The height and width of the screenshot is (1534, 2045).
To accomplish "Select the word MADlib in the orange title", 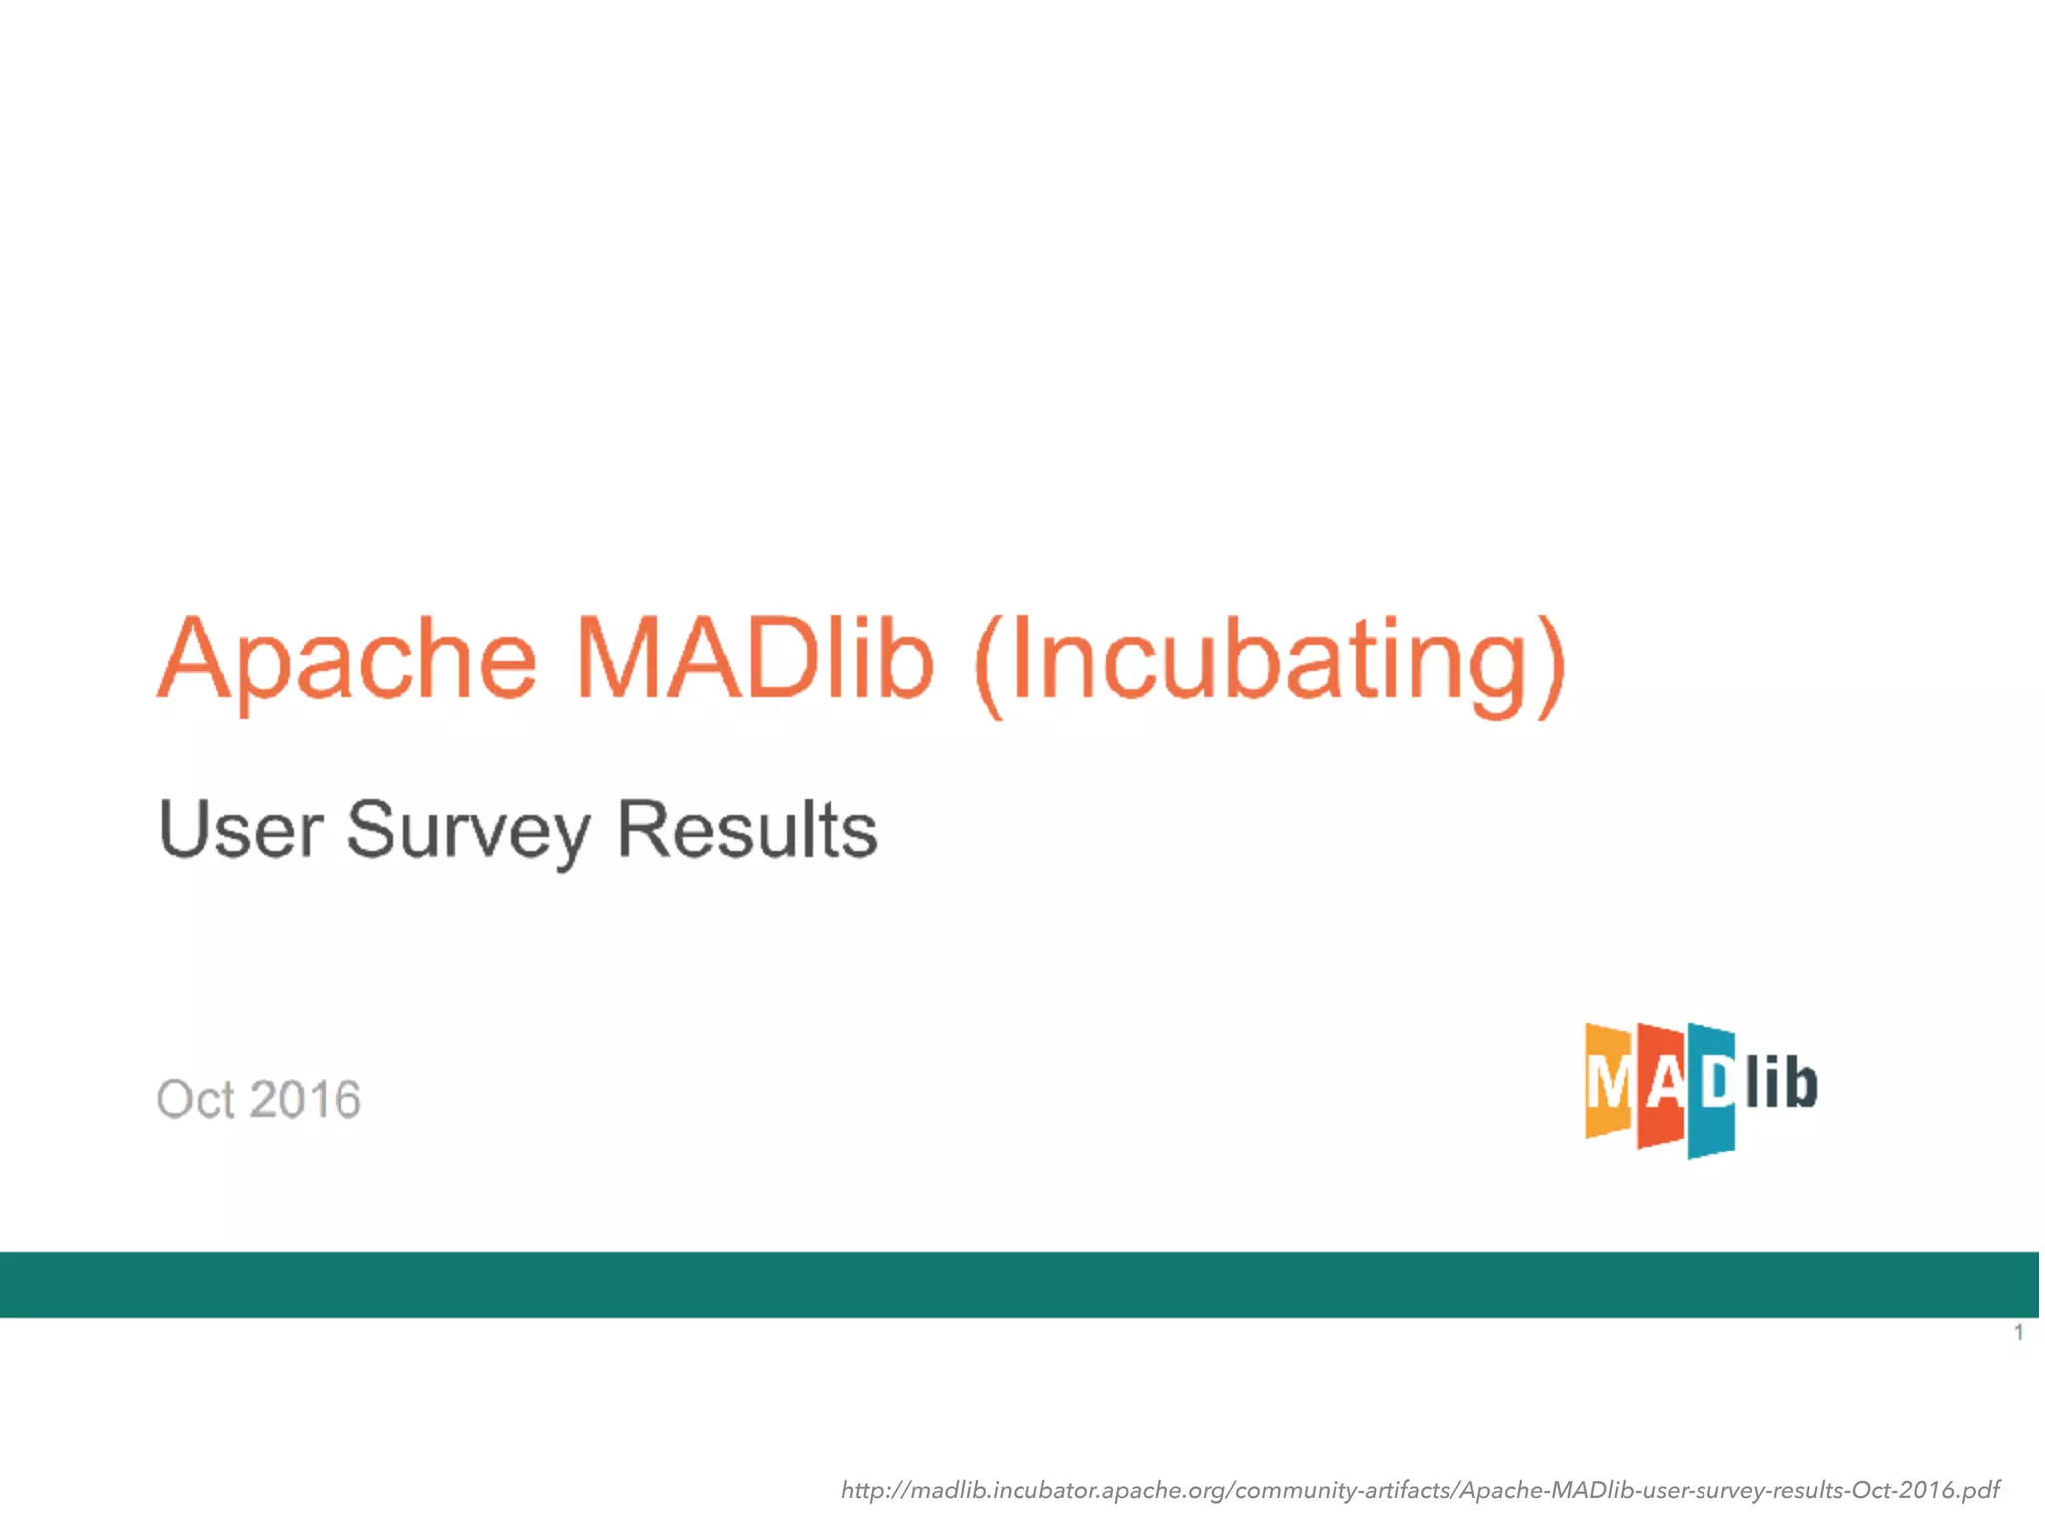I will click(x=755, y=659).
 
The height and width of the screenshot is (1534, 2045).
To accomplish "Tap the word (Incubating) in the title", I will click(x=1268, y=664).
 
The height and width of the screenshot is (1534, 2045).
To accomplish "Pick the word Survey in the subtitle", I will click(x=468, y=831).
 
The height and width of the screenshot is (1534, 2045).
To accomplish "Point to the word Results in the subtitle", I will click(x=747, y=829).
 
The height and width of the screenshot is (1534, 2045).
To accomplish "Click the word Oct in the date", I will click(x=195, y=1099).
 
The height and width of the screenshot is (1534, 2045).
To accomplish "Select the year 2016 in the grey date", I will click(x=305, y=1099).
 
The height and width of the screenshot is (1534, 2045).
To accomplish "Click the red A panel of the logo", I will click(x=1661, y=1087).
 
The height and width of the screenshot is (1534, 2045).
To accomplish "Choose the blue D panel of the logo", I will click(x=1711, y=1089).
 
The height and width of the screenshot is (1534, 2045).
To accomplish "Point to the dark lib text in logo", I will click(x=1781, y=1084).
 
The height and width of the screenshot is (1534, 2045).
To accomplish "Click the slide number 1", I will click(x=2018, y=1332).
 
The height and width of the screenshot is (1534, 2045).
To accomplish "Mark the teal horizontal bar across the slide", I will click(x=1019, y=1284).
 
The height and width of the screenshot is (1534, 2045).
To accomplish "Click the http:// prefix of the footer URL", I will click(x=875, y=1490).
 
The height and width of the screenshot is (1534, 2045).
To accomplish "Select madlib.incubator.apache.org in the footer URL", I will click(x=1058, y=1490).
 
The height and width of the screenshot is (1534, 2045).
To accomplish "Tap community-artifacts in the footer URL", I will click(x=1342, y=1490).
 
